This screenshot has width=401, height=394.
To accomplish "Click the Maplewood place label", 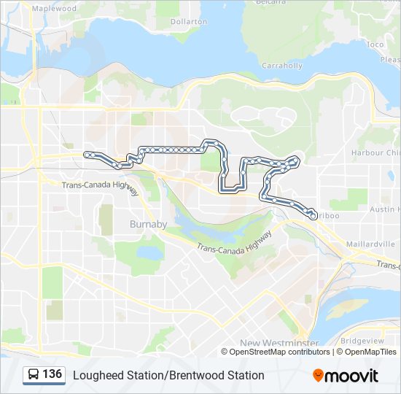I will [55, 8].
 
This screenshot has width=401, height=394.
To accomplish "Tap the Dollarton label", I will [189, 22].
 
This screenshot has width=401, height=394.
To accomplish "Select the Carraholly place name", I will [282, 66].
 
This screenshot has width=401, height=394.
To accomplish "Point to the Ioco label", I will [375, 45].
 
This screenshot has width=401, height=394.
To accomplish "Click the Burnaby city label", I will [148, 223].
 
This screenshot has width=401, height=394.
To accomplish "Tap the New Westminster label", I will [279, 342].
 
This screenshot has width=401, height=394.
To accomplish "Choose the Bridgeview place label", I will [361, 341].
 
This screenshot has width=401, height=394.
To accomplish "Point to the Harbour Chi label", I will [375, 152].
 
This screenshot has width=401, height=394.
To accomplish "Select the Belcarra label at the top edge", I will [270, 3].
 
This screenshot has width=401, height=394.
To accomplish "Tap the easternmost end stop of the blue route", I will [314, 216].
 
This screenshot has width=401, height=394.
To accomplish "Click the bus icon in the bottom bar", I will [33, 375].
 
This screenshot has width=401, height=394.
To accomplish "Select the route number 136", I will [52, 374].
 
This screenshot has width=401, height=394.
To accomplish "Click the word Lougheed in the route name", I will [93, 375].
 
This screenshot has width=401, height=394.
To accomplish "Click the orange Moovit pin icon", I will [318, 376].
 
